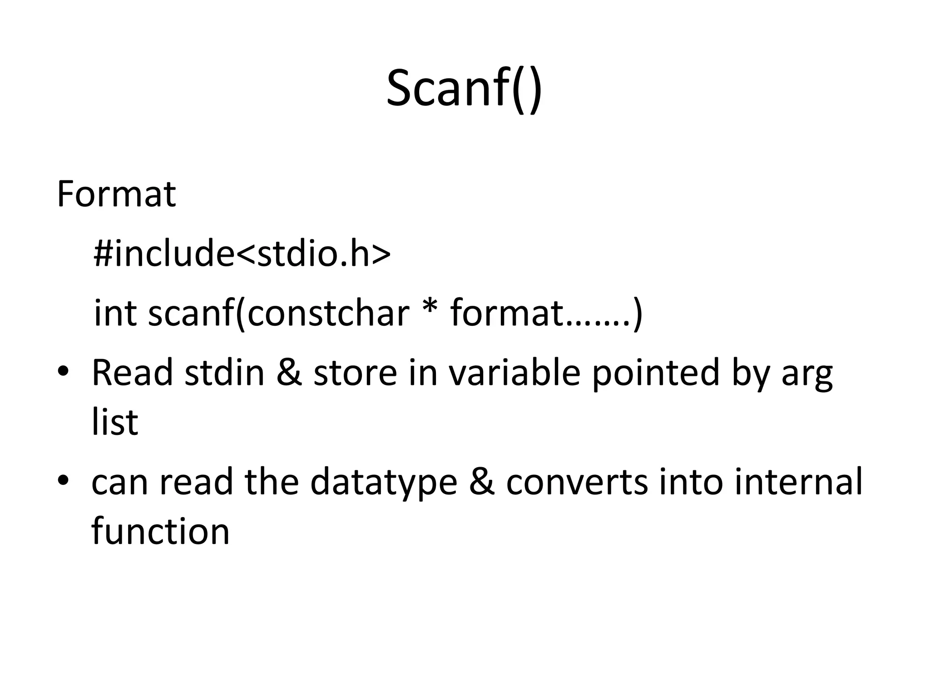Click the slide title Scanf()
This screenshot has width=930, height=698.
pyautogui.click(x=464, y=89)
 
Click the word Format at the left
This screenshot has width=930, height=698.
pyautogui.click(x=116, y=194)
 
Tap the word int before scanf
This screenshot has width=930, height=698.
pyautogui.click(x=115, y=313)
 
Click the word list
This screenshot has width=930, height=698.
pyautogui.click(x=114, y=422)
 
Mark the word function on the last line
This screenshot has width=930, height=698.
pyautogui.click(x=160, y=531)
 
